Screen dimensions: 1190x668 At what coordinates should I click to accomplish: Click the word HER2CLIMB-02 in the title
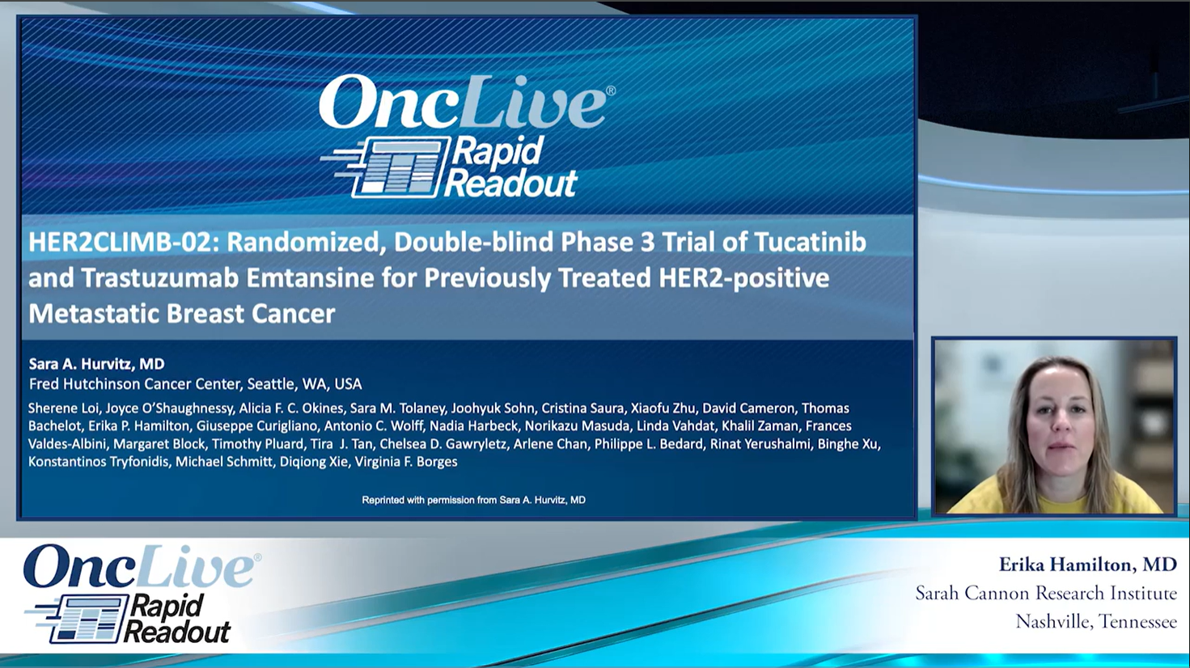click(x=124, y=242)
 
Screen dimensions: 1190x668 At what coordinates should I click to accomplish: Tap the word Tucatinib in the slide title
click(x=810, y=242)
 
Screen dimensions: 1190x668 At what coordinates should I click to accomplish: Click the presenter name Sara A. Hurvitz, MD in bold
click(x=97, y=364)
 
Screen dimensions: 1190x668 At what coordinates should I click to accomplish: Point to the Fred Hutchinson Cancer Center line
click(x=196, y=384)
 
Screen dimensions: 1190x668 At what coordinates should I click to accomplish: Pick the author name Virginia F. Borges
click(x=406, y=462)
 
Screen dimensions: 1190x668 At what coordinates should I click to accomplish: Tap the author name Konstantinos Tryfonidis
click(x=98, y=462)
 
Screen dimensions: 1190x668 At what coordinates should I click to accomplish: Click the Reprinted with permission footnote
click(x=474, y=500)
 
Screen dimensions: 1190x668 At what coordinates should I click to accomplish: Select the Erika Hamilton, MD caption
click(x=1087, y=564)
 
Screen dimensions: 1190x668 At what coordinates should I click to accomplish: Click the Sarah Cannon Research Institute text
click(x=1045, y=593)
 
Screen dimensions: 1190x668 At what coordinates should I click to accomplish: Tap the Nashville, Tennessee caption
click(x=1096, y=621)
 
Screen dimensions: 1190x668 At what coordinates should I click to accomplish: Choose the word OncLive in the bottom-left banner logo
click(x=138, y=567)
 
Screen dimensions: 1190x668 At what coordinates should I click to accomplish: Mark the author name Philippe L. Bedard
click(x=649, y=444)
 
